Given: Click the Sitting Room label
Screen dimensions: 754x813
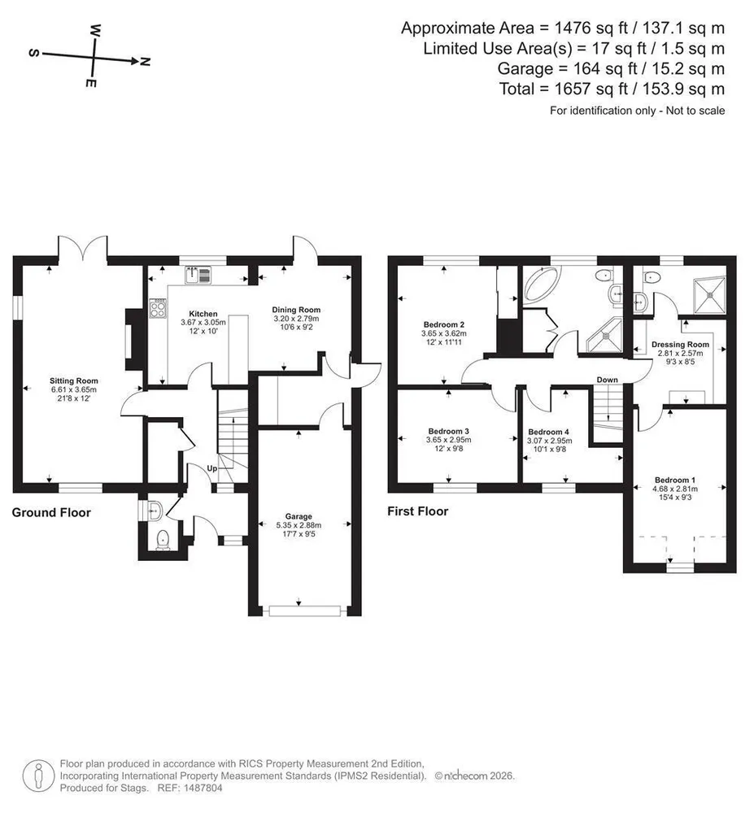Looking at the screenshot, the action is [x=74, y=381].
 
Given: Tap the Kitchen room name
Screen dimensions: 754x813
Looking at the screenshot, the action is [x=203, y=314].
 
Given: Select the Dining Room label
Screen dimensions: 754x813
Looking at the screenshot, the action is [x=296, y=310].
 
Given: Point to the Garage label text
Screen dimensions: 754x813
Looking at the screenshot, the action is [x=299, y=516].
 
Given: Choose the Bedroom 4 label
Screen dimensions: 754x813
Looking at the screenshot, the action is [x=549, y=432].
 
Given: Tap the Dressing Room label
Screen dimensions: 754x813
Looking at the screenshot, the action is [x=680, y=344].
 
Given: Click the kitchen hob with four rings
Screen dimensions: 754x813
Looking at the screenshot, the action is [x=158, y=309].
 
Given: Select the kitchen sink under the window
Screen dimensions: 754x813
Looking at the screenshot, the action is [x=198, y=275].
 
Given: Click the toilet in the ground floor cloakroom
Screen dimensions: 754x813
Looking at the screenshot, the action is [x=163, y=539].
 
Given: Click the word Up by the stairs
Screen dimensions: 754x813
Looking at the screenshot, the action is [x=212, y=468].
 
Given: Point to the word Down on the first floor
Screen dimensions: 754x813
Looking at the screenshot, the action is [x=608, y=380].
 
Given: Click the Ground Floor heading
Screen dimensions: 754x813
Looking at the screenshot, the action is [x=51, y=513].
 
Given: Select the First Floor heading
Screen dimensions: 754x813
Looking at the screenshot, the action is [x=418, y=511].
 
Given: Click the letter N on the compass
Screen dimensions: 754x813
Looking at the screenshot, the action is [x=146, y=62].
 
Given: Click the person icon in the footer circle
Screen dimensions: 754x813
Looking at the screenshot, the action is [x=38, y=776].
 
